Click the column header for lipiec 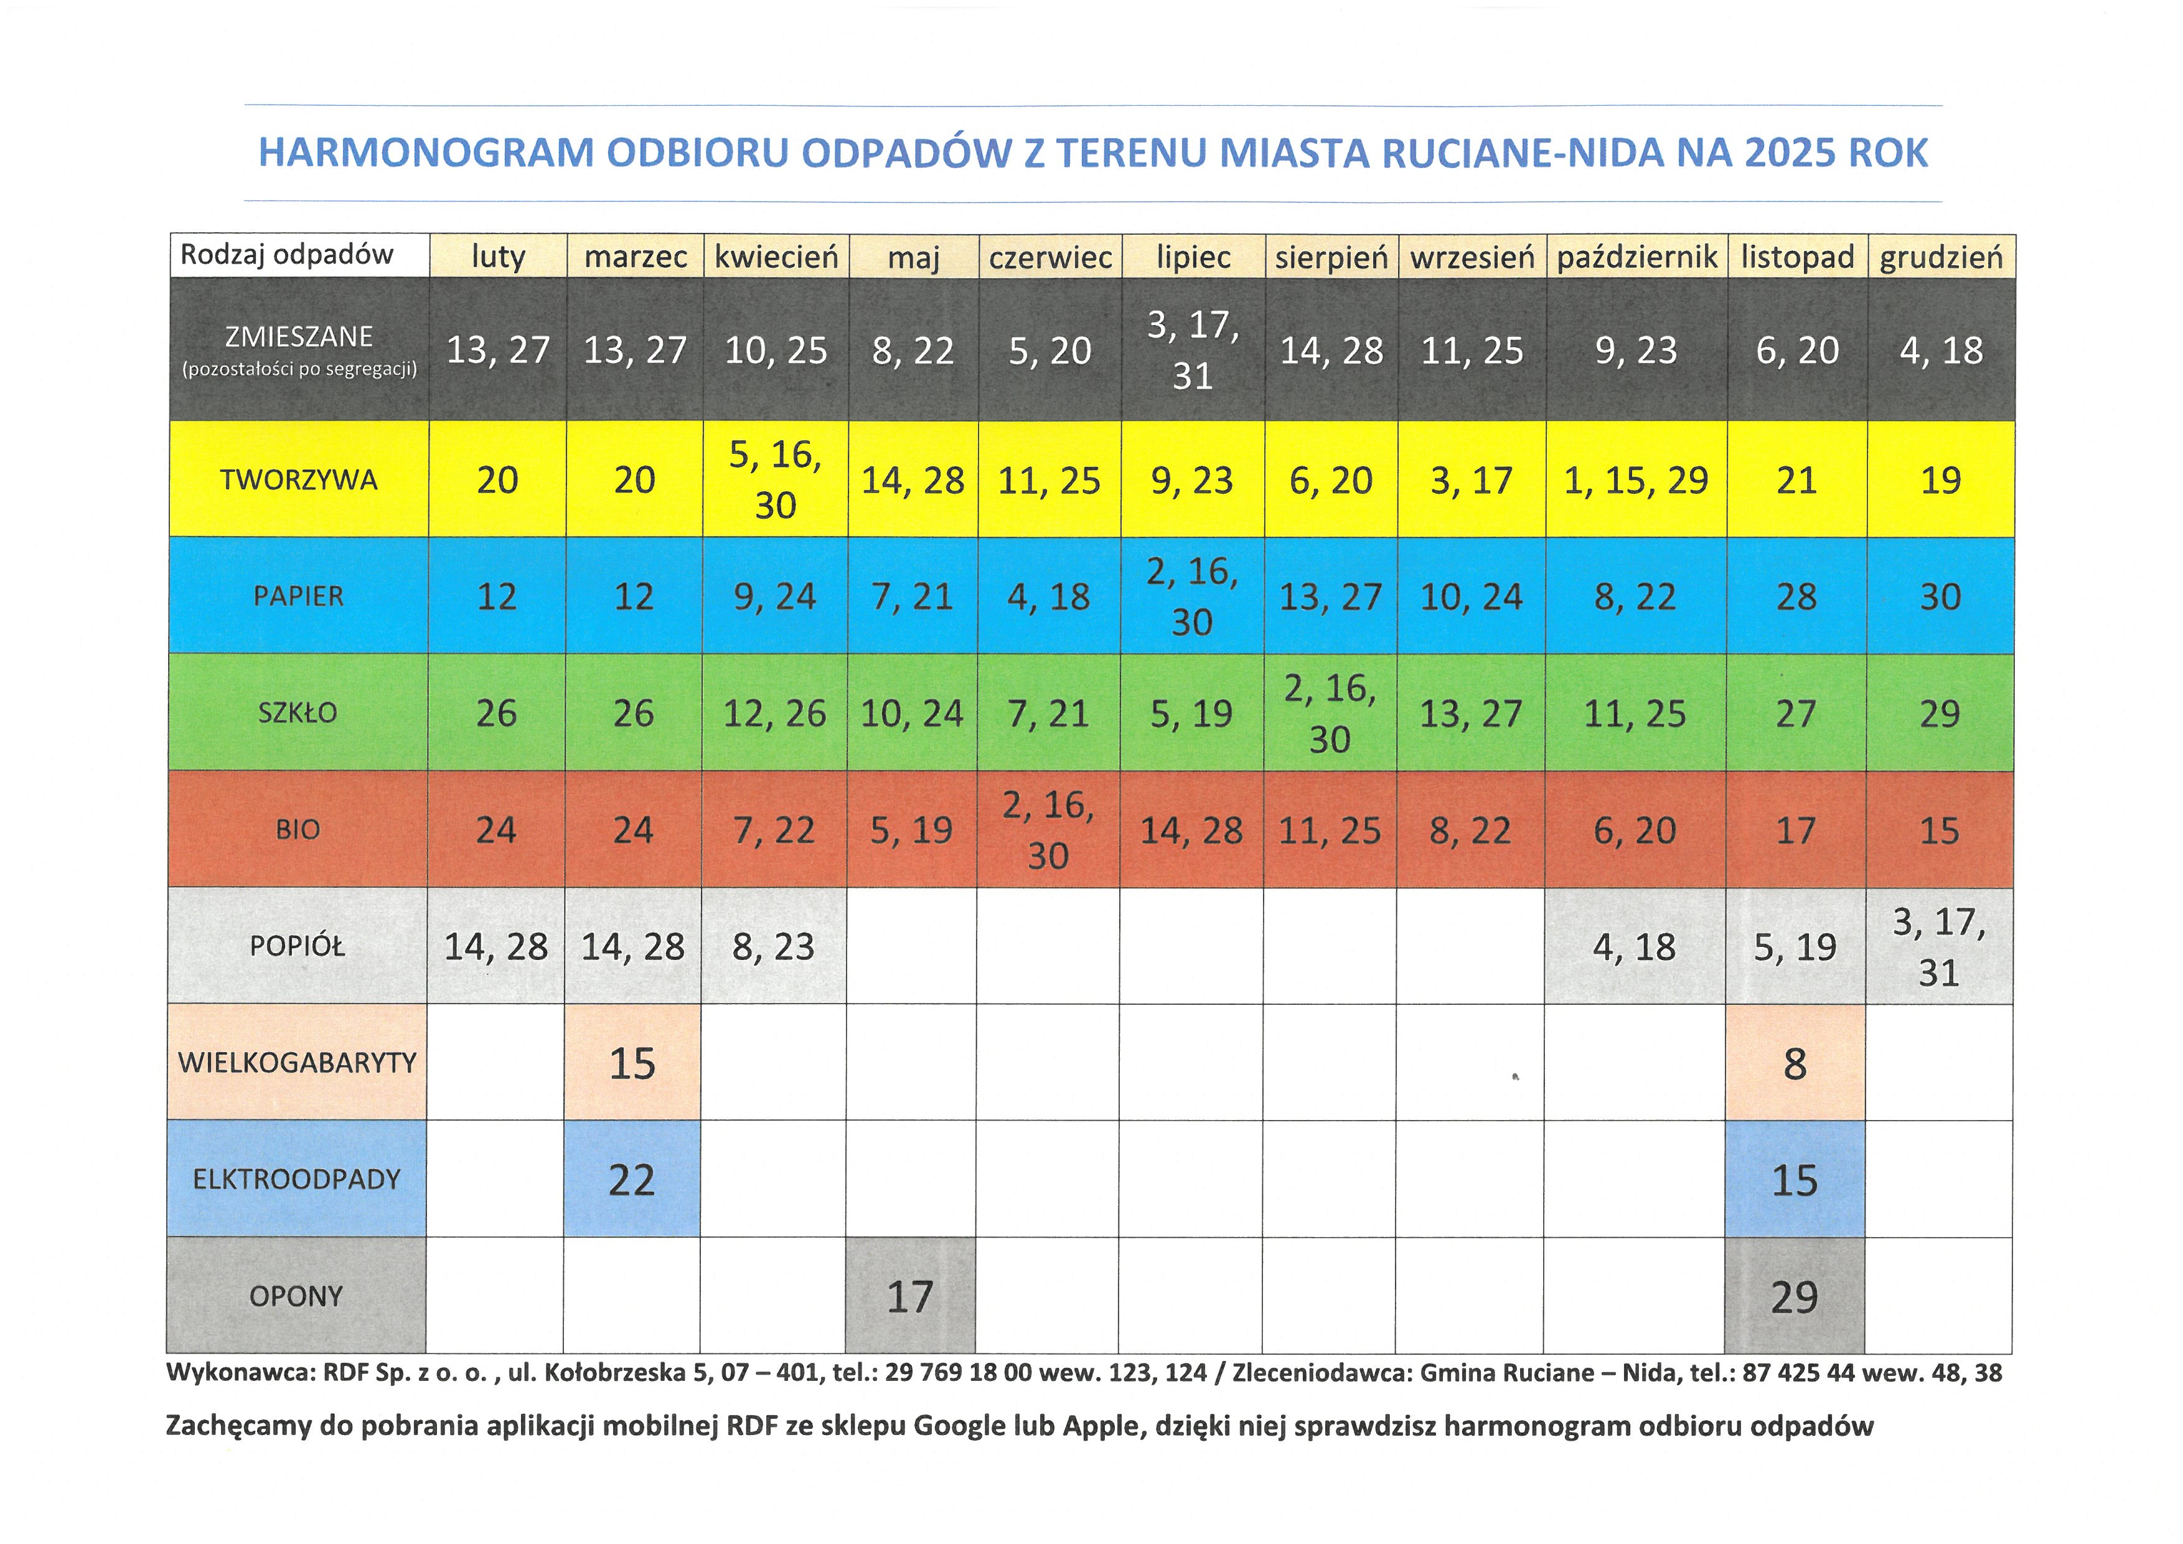(x=1193, y=257)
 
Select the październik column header (x=1636, y=257)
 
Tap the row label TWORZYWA (x=299, y=479)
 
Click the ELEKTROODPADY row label (x=297, y=1179)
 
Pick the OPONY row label (x=296, y=1296)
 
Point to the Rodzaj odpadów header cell (x=287, y=255)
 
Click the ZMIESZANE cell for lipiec (x=1193, y=350)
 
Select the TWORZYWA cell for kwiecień (x=775, y=479)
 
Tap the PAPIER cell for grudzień (x=1940, y=596)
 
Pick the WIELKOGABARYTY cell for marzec (x=632, y=1063)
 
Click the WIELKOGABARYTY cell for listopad (x=1794, y=1063)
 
